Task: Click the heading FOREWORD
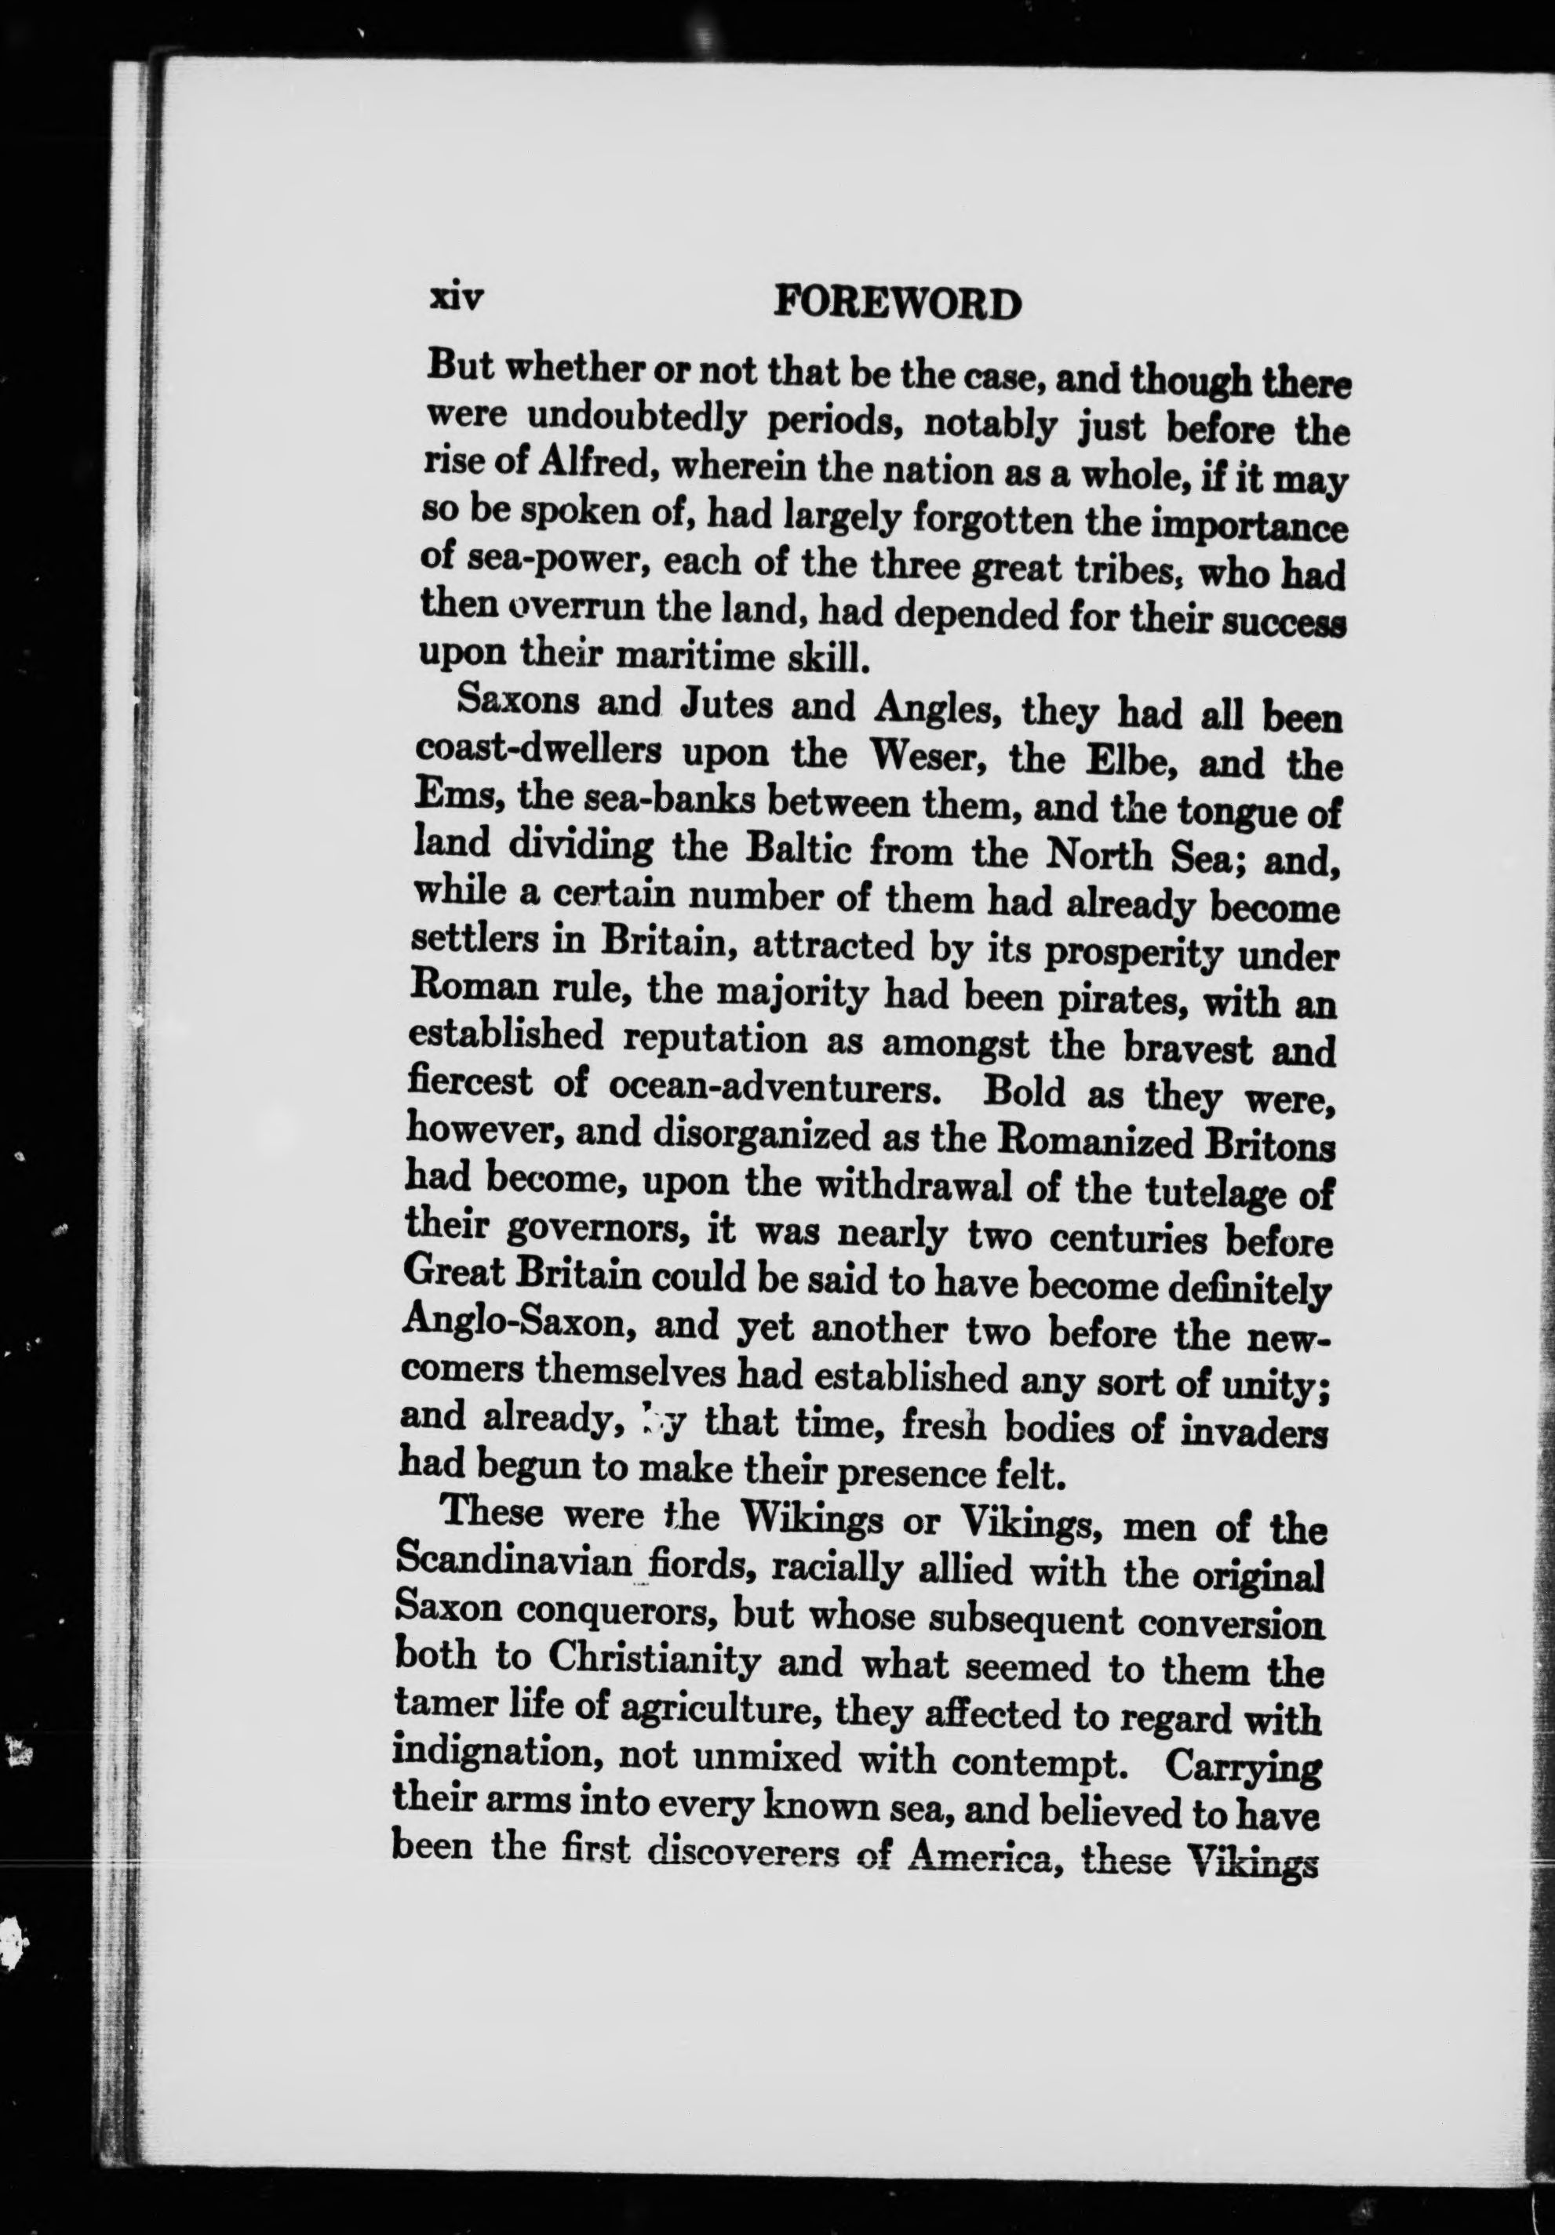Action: pos(897,305)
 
